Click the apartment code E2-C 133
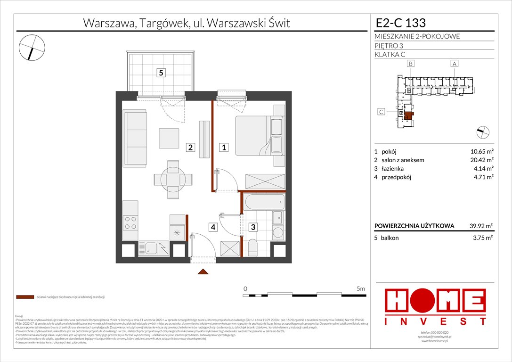pyautogui.click(x=400, y=23)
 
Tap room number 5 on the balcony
pyautogui.click(x=161, y=73)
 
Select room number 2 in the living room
pyautogui.click(x=190, y=148)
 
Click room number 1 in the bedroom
pyautogui.click(x=225, y=148)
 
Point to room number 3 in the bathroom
pyautogui.click(x=253, y=227)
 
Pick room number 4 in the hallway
pyautogui.click(x=213, y=227)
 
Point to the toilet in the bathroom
pyautogui.click(x=253, y=247)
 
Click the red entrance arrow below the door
pyautogui.click(x=203, y=271)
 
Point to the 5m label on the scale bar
pyautogui.click(x=361, y=288)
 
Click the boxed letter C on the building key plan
pyautogui.click(x=382, y=112)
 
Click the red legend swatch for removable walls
pyautogui.click(x=25, y=297)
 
